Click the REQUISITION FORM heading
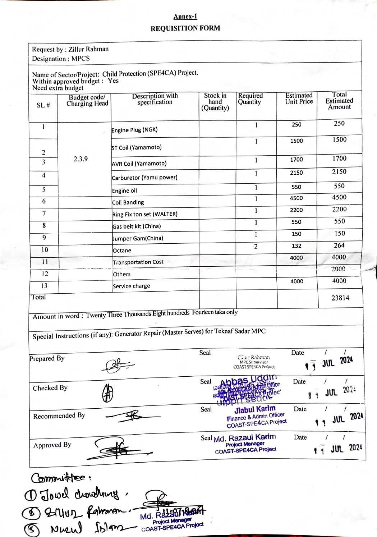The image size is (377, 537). click(x=185, y=28)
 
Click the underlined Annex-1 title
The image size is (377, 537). click(x=185, y=17)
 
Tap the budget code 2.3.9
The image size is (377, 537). click(x=81, y=159)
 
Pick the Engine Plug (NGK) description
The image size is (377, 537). click(x=134, y=130)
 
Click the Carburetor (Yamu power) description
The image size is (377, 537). click(x=144, y=178)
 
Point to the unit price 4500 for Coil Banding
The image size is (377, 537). click(x=296, y=198)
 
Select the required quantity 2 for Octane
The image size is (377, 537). click(x=256, y=247)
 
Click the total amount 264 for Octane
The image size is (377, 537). click(x=339, y=245)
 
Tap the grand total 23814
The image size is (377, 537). click(x=340, y=298)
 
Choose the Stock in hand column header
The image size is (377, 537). click(x=215, y=102)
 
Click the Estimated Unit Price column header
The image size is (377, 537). click(x=299, y=98)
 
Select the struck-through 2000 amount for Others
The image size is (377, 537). click(x=339, y=269)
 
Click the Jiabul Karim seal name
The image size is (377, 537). click(x=255, y=409)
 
